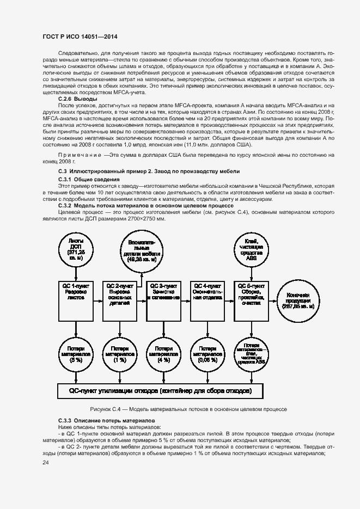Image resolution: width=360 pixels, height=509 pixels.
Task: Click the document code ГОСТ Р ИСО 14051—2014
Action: (x=80, y=37)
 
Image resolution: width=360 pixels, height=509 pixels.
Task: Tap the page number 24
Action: (x=45, y=463)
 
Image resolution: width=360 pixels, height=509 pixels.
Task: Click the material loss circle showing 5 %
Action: (x=76, y=354)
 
